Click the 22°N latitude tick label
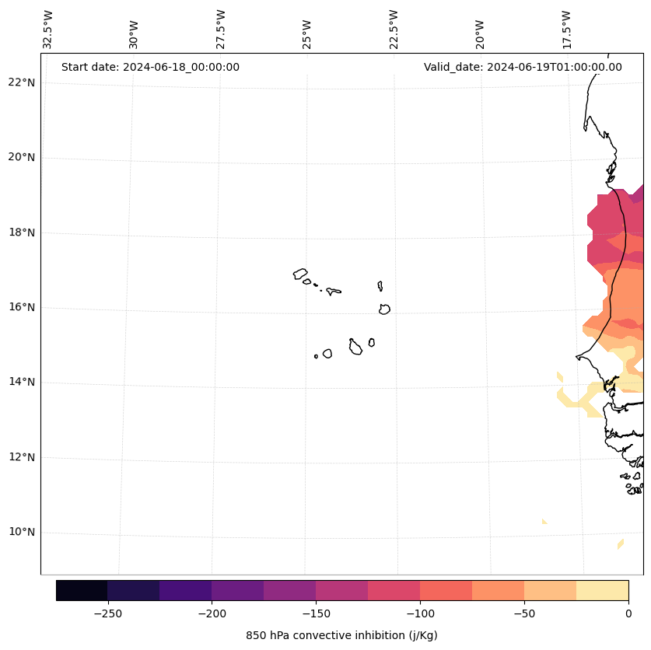[21, 82]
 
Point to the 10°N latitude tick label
[21, 533]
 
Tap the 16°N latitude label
[21, 307]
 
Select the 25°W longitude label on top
[307, 29]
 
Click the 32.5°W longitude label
[48, 29]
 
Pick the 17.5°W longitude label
[567, 29]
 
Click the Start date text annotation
[150, 67]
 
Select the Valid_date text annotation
[523, 67]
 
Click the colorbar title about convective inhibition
[341, 635]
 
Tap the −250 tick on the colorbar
[107, 613]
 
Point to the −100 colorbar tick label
[420, 613]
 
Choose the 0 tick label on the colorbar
[628, 613]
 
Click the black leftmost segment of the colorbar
[82, 590]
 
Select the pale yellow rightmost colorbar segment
[602, 590]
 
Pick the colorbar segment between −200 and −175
[237, 590]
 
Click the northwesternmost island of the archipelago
[300, 274]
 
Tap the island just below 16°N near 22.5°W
[384, 309]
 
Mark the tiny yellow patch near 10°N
[544, 521]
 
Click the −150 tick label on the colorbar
[316, 613]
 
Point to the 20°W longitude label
[481, 29]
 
